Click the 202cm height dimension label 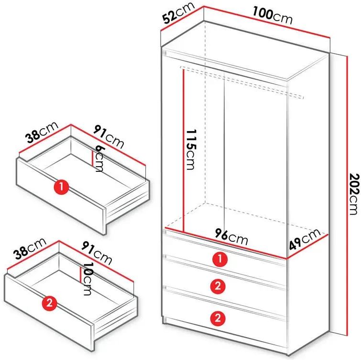pyautogui.click(x=354, y=194)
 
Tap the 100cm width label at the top pyautogui.click(x=273, y=15)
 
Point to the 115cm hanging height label pyautogui.click(x=191, y=149)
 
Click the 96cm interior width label pyautogui.click(x=231, y=236)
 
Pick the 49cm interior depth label pyautogui.click(x=305, y=239)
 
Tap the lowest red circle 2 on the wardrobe pyautogui.click(x=218, y=318)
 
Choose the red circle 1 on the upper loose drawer pyautogui.click(x=62, y=187)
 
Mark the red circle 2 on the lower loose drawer pyautogui.click(x=50, y=303)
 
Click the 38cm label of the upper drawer pyautogui.click(x=42, y=133)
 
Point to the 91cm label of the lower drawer pyautogui.click(x=97, y=253)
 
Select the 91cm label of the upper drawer pyautogui.click(x=109, y=137)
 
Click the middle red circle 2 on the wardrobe pyautogui.click(x=218, y=286)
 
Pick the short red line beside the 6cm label pyautogui.click(x=92, y=158)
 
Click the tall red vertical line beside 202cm pyautogui.click(x=347, y=196)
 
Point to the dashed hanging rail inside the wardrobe pyautogui.click(x=242, y=82)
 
